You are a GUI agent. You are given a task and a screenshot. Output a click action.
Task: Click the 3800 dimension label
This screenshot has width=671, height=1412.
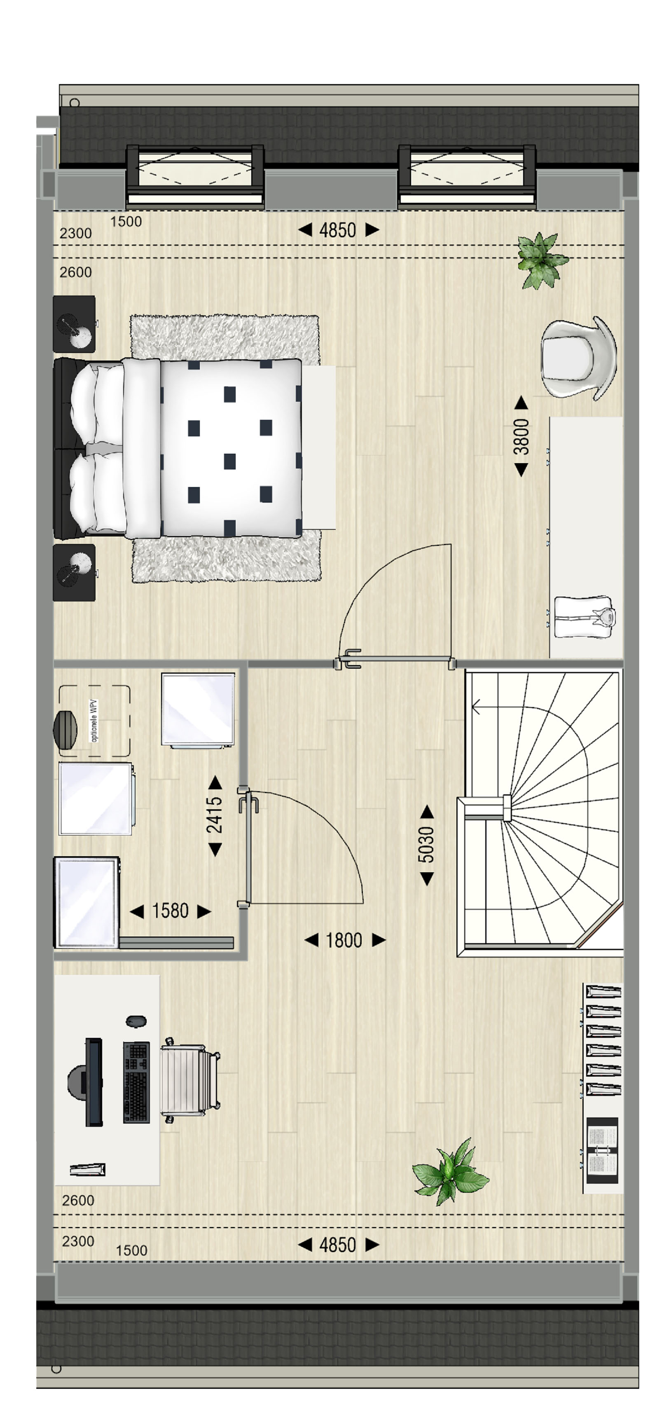521,436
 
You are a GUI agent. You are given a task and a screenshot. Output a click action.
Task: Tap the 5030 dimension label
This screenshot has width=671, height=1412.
426,845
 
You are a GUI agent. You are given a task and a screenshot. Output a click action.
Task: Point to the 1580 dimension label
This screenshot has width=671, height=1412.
170,911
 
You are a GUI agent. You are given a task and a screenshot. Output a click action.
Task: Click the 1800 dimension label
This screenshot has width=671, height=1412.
344,941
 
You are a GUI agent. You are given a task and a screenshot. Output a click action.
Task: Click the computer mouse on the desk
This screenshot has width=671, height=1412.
136,1021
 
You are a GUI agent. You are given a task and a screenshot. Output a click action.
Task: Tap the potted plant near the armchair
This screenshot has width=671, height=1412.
542,260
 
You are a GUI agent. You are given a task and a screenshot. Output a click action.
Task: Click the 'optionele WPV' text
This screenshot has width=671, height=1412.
94,721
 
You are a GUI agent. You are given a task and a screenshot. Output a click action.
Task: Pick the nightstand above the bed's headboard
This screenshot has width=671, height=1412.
74,324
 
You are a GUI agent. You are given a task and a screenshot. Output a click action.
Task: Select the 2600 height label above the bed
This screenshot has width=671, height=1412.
76,272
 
